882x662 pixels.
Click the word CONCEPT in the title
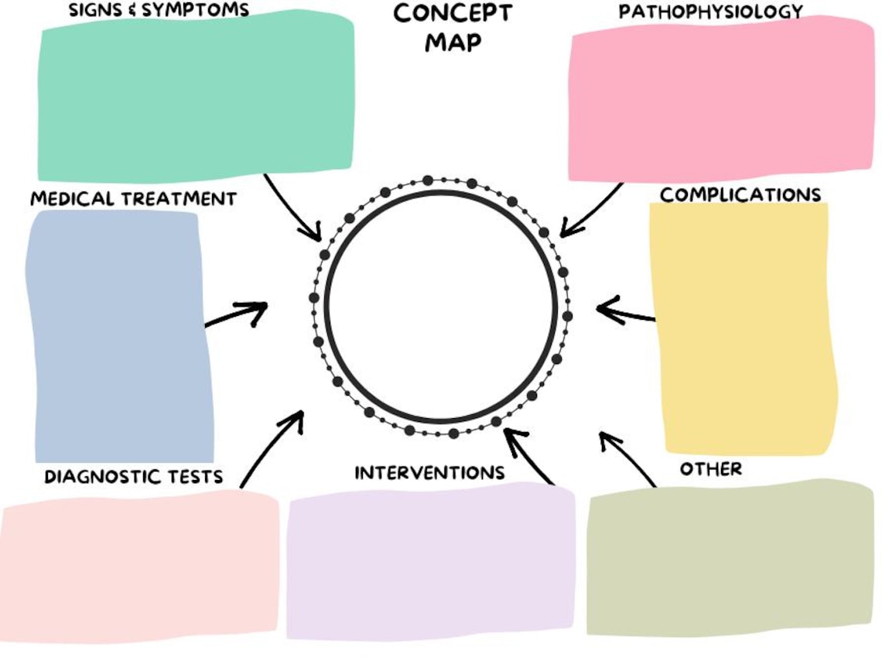coord(453,13)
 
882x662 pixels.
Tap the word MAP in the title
coord(453,42)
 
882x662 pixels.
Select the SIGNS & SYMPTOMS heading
coord(159,10)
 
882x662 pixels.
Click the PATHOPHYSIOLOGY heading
coord(710,12)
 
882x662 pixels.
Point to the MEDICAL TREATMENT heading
coord(133,199)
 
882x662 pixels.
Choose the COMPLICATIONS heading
coord(740,194)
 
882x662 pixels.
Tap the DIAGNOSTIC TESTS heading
coord(133,476)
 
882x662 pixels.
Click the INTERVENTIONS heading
coord(429,472)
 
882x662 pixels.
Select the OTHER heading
coord(710,469)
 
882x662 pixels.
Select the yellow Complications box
coord(743,329)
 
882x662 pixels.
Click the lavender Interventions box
coord(431,561)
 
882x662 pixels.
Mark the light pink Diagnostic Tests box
coord(139,565)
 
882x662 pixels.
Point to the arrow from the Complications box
coord(625,313)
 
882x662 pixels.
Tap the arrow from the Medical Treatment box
coord(236,314)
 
